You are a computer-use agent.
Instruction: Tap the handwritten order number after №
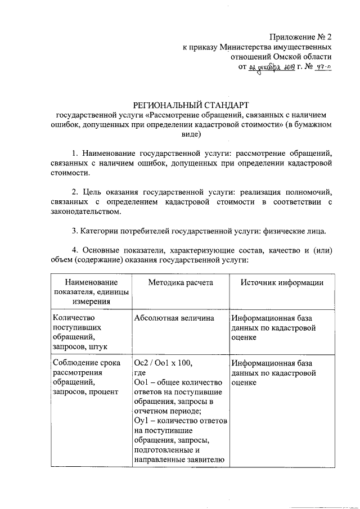322,67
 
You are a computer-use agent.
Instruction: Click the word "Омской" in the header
291,57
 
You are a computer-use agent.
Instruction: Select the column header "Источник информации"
282,283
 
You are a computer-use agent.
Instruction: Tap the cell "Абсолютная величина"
174,318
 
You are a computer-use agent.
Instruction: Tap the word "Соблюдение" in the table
73,363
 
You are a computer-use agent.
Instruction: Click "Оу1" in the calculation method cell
141,421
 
